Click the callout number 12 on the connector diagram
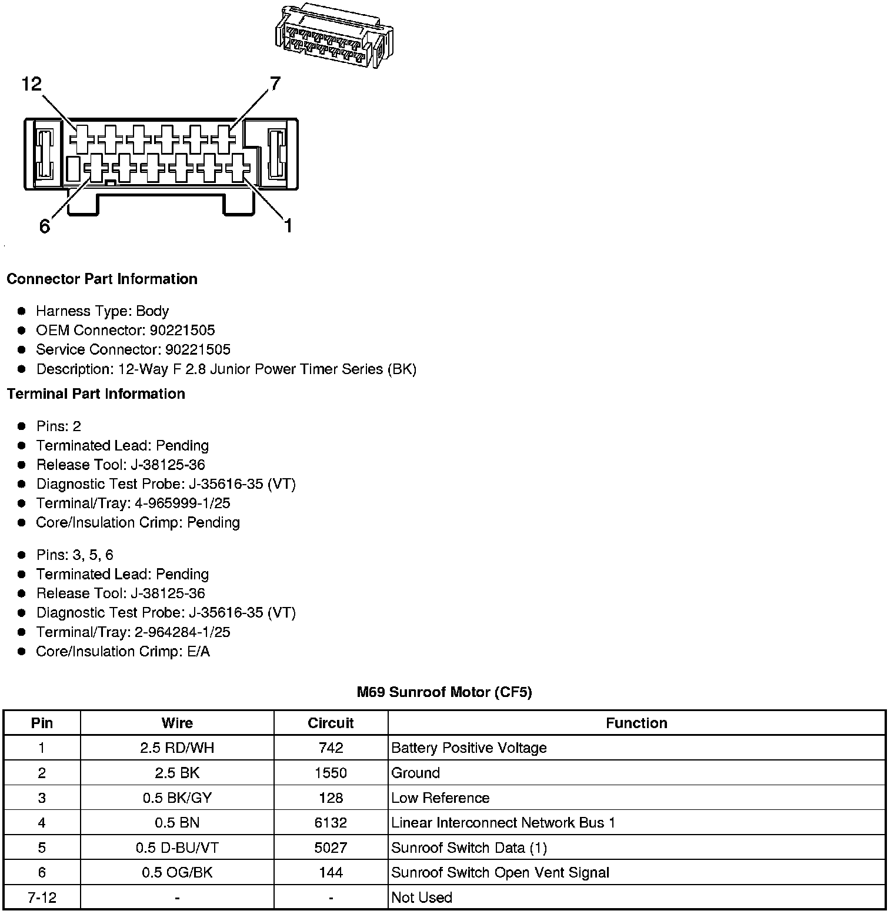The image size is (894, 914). click(32, 85)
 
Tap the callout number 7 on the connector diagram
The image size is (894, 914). click(275, 84)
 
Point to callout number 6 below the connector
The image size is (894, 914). click(45, 226)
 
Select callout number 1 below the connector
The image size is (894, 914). click(288, 225)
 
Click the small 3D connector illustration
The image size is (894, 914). click(333, 36)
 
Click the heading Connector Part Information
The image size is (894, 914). click(102, 279)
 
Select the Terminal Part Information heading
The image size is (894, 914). click(96, 393)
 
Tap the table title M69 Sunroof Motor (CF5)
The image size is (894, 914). click(444, 692)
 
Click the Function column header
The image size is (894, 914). click(636, 723)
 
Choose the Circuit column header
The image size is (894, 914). click(331, 723)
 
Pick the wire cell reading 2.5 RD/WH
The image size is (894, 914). click(177, 748)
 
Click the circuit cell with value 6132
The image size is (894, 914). click(331, 822)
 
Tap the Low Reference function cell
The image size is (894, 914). click(440, 798)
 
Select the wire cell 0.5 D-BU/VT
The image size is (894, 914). click(177, 848)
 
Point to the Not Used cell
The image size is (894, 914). click(422, 898)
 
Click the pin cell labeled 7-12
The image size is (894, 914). click(42, 898)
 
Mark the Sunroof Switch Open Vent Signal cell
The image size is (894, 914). click(500, 872)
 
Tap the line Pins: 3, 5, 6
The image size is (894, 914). click(75, 555)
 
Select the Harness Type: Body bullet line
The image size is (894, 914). click(102, 311)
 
